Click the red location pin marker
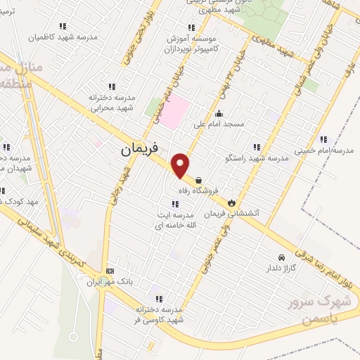click(181, 165)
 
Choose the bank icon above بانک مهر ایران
click(110, 271)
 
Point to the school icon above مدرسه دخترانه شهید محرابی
click(112, 86)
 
